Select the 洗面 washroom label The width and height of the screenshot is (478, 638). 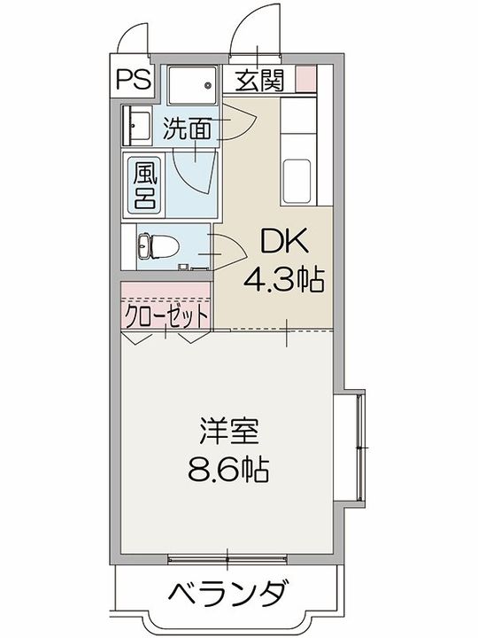(x=188, y=130)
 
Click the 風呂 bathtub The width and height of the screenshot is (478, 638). (x=145, y=184)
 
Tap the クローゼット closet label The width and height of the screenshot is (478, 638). (x=166, y=315)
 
